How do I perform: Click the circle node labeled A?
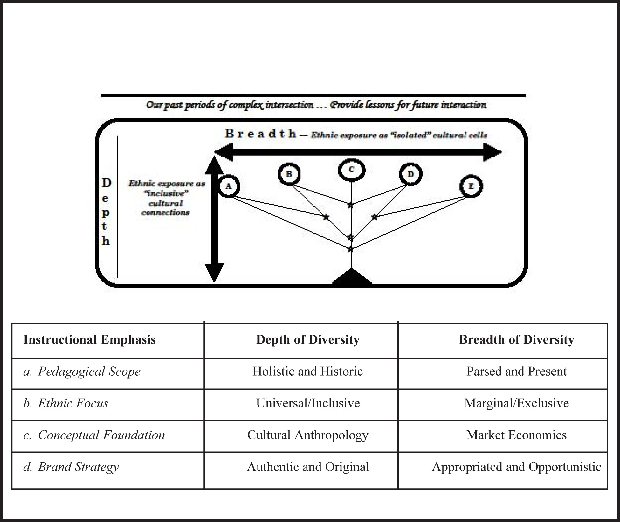click(x=228, y=187)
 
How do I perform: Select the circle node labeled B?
click(x=289, y=174)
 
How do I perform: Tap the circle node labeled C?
click(x=351, y=170)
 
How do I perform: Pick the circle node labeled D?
click(x=410, y=174)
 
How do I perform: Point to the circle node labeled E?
click(x=471, y=187)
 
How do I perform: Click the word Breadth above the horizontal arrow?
click(x=260, y=134)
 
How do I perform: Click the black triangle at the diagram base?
click(x=352, y=277)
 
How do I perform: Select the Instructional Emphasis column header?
click(x=89, y=340)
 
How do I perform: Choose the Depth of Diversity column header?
click(x=307, y=340)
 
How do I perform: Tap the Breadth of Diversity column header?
click(x=516, y=340)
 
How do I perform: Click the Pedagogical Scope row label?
click(x=82, y=372)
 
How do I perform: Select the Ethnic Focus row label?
click(x=66, y=403)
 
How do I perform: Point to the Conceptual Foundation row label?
click(x=94, y=435)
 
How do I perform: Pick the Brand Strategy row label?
click(x=71, y=467)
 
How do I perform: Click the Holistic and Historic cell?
click(x=307, y=372)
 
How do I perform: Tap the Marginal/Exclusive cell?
click(x=516, y=403)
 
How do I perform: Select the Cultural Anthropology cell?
click(x=307, y=435)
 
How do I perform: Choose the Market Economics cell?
click(x=516, y=435)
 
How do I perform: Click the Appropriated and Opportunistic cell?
click(x=516, y=467)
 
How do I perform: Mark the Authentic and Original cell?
click(x=307, y=467)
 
